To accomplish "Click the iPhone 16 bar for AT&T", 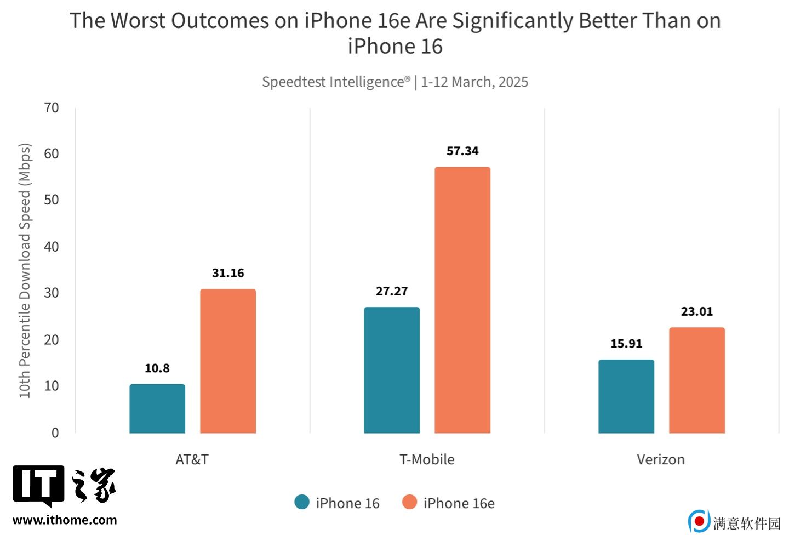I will [157, 409].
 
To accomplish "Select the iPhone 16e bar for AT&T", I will [228, 361].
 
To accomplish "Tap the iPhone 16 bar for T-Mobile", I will [392, 371].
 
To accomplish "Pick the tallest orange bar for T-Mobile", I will [462, 300].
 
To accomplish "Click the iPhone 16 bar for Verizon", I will [626, 396].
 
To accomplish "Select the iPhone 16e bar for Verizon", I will [697, 380].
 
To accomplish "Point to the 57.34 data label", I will [462, 151].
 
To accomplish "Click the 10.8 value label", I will [157, 368].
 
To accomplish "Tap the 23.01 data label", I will [697, 311].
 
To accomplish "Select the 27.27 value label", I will [392, 291].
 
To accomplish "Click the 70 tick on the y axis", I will [52, 108].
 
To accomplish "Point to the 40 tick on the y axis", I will [52, 247].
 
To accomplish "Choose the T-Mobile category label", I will [427, 459].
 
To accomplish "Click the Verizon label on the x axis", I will [661, 459].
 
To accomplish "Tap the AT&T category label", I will [192, 459].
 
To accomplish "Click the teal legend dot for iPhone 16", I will [302, 502].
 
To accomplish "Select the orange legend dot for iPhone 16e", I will [409, 502].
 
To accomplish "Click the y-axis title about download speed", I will [25, 271].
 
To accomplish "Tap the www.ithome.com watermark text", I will [65, 520].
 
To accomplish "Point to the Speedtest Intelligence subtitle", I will [395, 82].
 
